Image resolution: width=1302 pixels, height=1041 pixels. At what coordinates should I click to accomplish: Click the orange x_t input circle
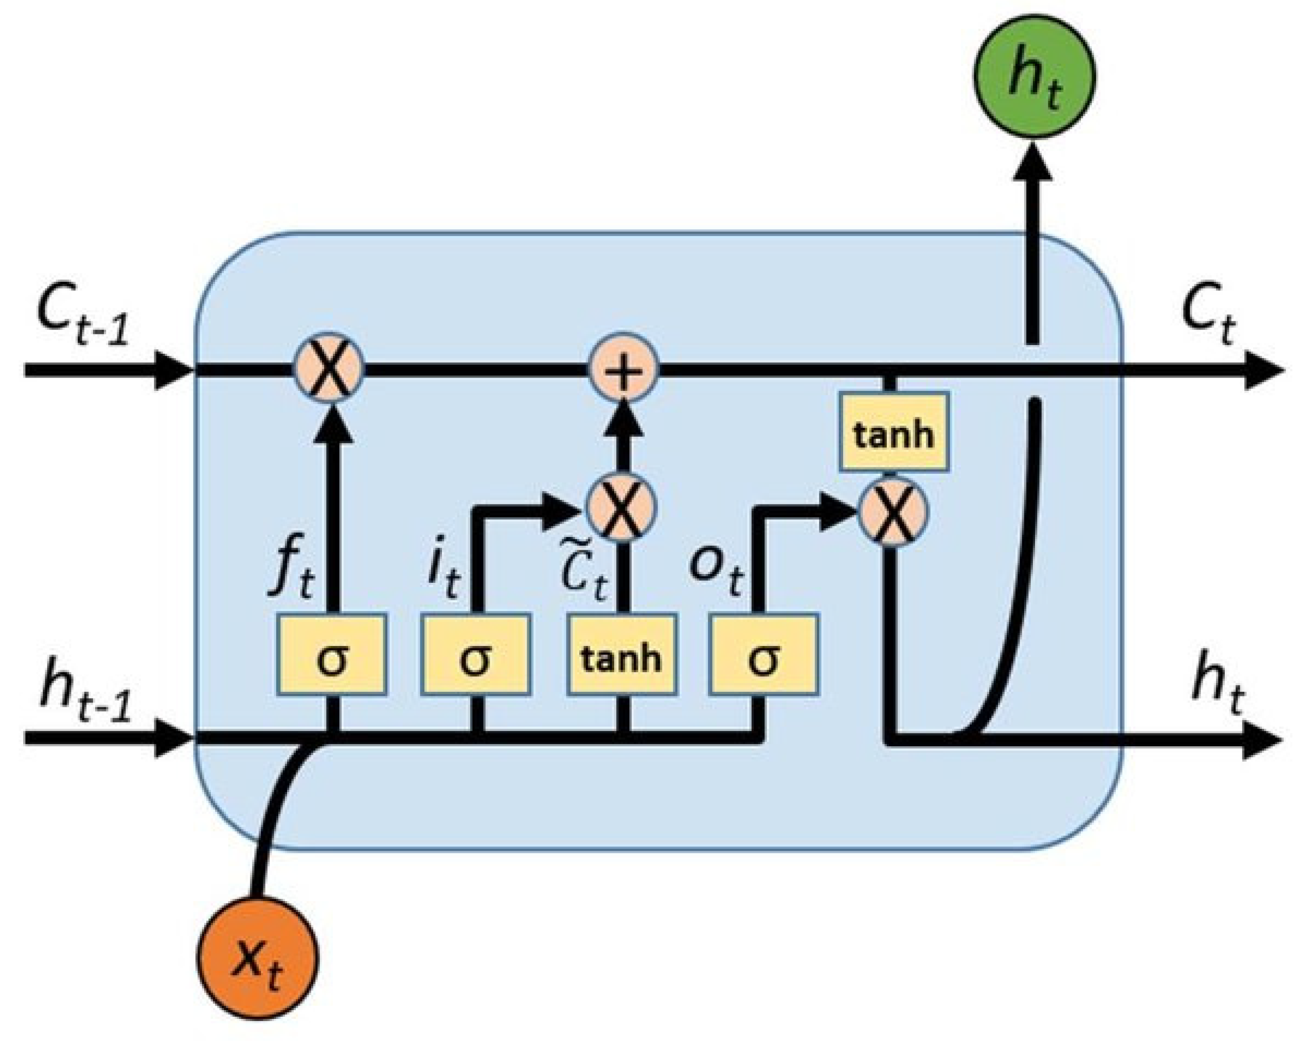coord(257,958)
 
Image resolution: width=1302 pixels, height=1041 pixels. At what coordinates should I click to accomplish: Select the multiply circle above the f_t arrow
coord(329,368)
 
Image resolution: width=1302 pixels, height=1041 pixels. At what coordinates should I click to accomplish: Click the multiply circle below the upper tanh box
coord(893,511)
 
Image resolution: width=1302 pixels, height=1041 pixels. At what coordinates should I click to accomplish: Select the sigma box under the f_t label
coord(331,655)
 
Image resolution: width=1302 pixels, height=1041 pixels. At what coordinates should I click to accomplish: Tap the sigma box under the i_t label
coord(476,655)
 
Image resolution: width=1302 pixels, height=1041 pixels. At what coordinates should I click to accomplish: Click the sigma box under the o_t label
coord(764,655)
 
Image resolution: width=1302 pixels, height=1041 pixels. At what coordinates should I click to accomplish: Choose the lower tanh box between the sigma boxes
coord(621,655)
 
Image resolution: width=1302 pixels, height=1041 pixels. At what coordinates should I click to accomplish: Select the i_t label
coord(442,573)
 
